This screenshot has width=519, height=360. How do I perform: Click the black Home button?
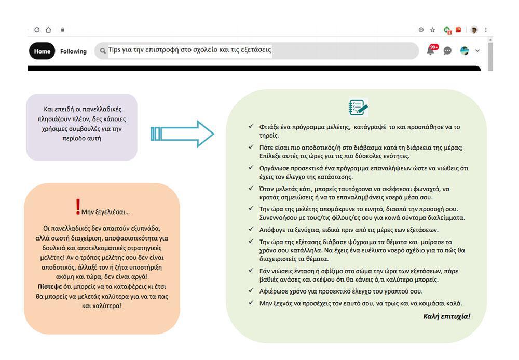42,51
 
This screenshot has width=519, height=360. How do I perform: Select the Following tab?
73,51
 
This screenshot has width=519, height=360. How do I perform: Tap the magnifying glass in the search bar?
102,51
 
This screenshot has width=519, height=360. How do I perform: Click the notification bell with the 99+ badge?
430,50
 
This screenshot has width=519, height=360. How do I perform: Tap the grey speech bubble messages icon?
447,51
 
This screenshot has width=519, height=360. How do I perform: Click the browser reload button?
37,30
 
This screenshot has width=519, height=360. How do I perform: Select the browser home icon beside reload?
48,30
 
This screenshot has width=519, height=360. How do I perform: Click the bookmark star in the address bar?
432,30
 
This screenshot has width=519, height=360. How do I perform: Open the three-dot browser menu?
486,30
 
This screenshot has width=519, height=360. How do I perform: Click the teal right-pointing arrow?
182,134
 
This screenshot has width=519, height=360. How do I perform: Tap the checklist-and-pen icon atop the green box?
358,108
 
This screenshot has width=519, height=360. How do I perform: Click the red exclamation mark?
78,207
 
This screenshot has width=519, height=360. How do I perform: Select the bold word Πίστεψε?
49,286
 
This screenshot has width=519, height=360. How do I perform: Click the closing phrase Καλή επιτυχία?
446,316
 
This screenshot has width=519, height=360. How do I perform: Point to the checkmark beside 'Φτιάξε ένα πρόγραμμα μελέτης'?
251,126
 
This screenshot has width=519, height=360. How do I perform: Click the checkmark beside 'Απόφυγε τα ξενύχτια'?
251,229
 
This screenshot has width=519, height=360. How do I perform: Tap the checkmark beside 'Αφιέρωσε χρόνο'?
251,291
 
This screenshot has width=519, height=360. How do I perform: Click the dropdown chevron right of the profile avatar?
477,51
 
